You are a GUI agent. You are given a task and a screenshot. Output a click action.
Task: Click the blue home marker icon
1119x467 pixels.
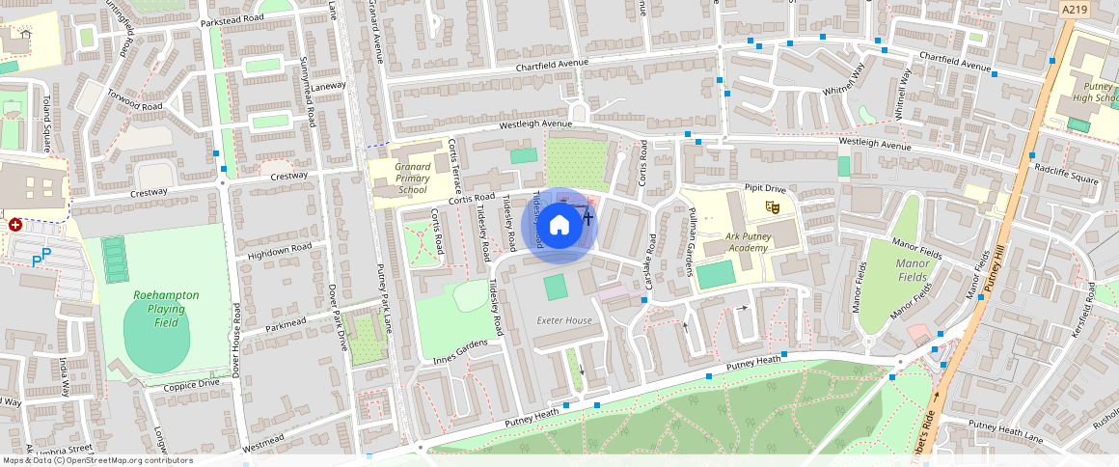(559, 226)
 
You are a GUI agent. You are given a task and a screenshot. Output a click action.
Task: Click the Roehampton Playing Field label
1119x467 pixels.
(153, 309)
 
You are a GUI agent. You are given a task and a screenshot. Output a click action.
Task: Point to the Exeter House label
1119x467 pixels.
(564, 320)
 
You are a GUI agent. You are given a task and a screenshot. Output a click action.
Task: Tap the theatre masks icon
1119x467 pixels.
(772, 206)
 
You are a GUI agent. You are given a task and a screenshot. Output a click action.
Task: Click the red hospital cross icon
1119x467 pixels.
(15, 225)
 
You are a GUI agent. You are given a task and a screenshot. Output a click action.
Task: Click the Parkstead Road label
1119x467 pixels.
(232, 18)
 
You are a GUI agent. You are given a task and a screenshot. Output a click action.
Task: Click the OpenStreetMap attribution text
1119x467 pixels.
(97, 460)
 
